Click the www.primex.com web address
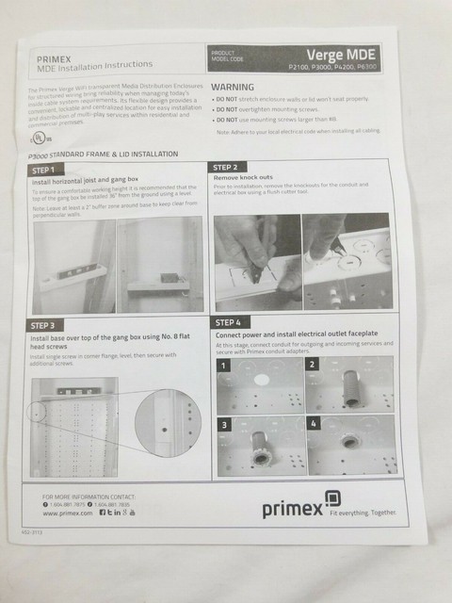click(x=68, y=513)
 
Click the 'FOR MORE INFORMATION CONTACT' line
click(x=89, y=496)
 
